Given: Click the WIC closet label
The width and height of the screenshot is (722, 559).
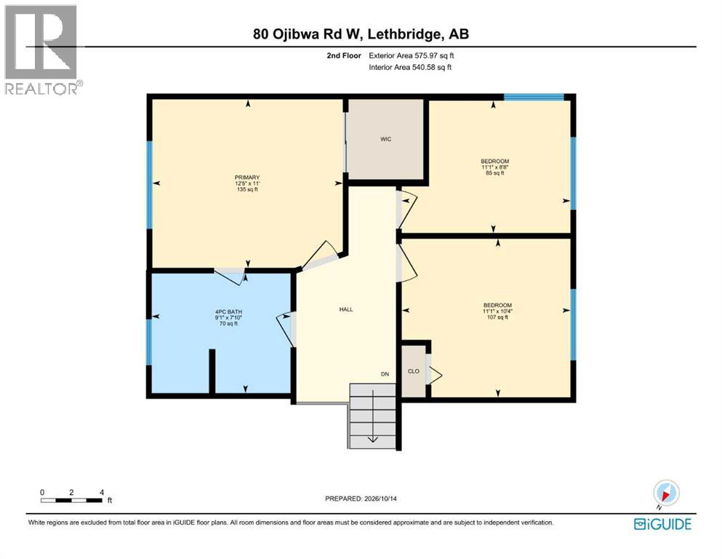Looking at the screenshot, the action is click(385, 139).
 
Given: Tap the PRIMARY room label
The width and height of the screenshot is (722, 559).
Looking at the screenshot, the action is click(247, 178).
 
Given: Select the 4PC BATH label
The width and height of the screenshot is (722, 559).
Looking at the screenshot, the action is click(228, 312).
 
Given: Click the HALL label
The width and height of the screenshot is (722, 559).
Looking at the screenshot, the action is click(346, 309).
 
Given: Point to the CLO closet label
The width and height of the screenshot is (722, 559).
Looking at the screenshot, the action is click(414, 371).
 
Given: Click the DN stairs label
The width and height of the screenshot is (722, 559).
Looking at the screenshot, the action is click(385, 374).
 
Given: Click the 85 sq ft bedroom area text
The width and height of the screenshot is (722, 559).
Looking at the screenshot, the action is click(495, 173).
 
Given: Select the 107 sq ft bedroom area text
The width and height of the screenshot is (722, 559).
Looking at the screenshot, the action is click(497, 317).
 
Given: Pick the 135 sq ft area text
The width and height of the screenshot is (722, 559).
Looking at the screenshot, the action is click(247, 189).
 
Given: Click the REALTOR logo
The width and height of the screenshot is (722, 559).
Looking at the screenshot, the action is click(44, 49).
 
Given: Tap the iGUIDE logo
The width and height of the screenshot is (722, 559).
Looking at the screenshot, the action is click(662, 524).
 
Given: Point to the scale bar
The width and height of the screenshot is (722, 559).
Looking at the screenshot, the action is click(71, 500).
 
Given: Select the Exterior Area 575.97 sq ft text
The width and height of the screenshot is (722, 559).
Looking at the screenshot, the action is click(412, 56).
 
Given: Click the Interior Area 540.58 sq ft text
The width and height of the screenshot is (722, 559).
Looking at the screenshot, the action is click(410, 67).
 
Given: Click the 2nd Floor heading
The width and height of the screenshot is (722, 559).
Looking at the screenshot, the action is click(344, 56).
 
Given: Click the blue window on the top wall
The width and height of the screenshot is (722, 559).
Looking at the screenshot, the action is click(534, 97).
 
